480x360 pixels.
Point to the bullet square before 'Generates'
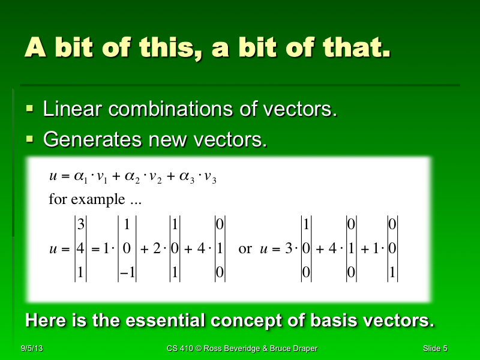click(x=31, y=139)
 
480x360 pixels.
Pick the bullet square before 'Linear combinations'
click(x=31, y=109)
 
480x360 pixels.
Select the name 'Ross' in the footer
click(x=213, y=349)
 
